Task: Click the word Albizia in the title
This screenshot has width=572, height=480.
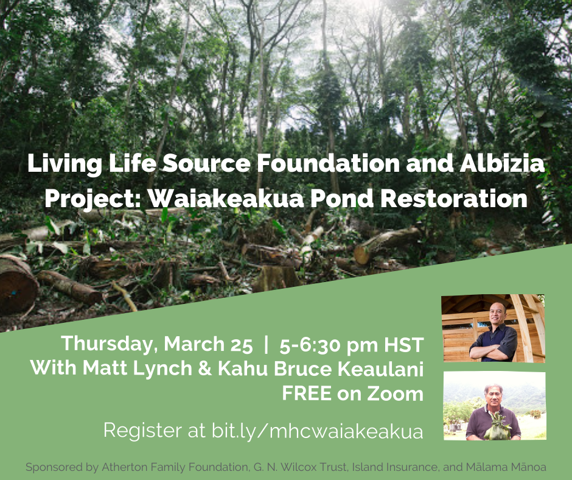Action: (502, 163)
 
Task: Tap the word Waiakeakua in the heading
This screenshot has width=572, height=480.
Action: (226, 199)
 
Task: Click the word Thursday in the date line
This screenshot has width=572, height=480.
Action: (110, 345)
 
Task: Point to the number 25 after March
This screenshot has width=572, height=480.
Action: (241, 345)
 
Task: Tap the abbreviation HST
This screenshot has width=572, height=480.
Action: (403, 345)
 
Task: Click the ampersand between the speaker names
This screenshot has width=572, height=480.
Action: (205, 368)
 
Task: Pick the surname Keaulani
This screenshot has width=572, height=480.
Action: (380, 369)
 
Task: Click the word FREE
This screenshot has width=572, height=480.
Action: (307, 394)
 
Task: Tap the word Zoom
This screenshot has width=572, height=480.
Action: (395, 394)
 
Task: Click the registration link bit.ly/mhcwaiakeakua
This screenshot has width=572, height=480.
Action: (318, 430)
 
